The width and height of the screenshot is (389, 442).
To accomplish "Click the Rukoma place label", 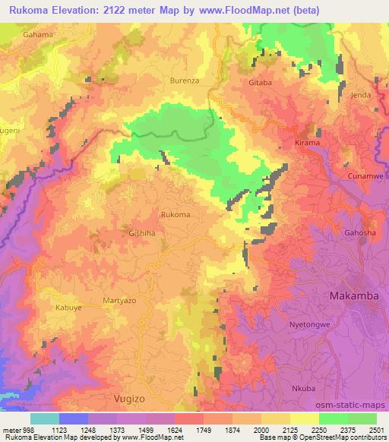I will pos(176,215).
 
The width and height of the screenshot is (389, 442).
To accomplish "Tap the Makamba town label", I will pos(353,295).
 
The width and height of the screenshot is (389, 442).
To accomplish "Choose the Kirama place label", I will pos(308,142).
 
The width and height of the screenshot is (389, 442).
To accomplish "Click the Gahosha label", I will pos(360,232).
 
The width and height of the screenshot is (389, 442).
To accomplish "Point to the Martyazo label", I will pos(119,302).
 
